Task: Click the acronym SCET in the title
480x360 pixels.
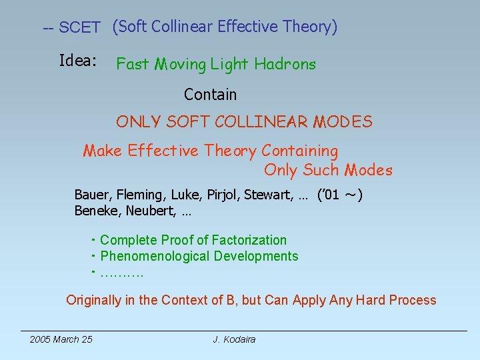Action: [79, 28]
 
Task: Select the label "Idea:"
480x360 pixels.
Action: [78, 61]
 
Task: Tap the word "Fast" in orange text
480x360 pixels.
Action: [133, 65]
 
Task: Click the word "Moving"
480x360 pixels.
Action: [181, 65]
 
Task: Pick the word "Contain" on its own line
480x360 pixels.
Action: [210, 95]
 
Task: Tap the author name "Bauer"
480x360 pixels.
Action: [92, 195]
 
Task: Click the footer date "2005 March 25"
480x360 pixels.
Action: [61, 339]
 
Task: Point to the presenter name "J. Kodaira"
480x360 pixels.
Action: [234, 339]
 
